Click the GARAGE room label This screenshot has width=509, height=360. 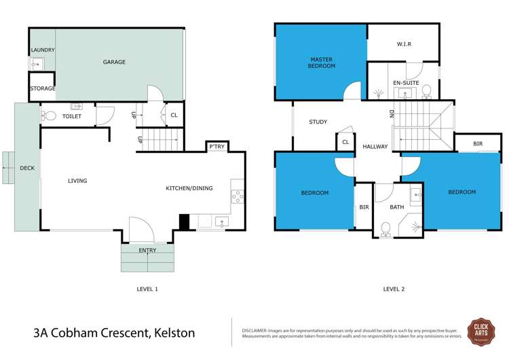click(x=114, y=62)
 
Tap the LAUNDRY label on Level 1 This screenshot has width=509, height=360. click(x=42, y=50)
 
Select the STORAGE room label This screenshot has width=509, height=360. click(x=42, y=89)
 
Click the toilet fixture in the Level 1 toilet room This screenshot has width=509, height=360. click(x=49, y=115)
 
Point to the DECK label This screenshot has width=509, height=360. click(x=26, y=168)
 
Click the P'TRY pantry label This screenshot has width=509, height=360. click(x=216, y=147)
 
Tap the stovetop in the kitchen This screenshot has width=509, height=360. click(x=238, y=196)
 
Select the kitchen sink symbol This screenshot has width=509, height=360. click(x=221, y=221)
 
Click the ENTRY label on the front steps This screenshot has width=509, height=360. click(x=147, y=251)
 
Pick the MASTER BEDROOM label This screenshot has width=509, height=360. click(x=320, y=62)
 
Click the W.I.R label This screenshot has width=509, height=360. click(x=404, y=45)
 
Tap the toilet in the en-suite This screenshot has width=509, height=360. click(x=427, y=91)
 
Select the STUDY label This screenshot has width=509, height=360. click(x=318, y=122)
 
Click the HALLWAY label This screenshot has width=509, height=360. click(x=375, y=147)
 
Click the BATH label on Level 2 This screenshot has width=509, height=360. click(x=396, y=207)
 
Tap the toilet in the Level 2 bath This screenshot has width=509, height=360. click(x=385, y=229)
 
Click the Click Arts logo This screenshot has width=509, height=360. click(x=480, y=331)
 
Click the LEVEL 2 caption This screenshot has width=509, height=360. click(x=394, y=289)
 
